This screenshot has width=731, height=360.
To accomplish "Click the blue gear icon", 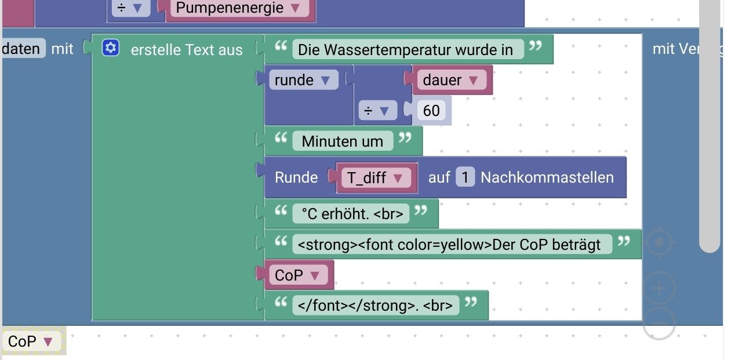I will coord(110,48).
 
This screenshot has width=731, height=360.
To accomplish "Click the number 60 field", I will coord(431,110).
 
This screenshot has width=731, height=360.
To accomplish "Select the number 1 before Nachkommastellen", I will coord(465,177).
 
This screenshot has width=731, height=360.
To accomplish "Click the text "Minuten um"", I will coord(342,141).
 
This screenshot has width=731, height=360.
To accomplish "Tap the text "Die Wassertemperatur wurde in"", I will coord(405,50).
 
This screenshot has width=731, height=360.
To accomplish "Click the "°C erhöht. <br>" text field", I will coord(352,214).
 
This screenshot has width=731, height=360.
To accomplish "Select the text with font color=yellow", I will coord(449,245).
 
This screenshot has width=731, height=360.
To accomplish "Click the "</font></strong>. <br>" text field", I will coord(375,305).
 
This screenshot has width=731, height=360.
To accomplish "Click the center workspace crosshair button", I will coord(659,243).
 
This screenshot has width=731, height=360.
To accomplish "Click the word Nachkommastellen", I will coord(547,177).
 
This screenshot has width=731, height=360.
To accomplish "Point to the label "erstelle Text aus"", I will coord(187,50).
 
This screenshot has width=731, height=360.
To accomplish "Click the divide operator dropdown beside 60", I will coord(377,110).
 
